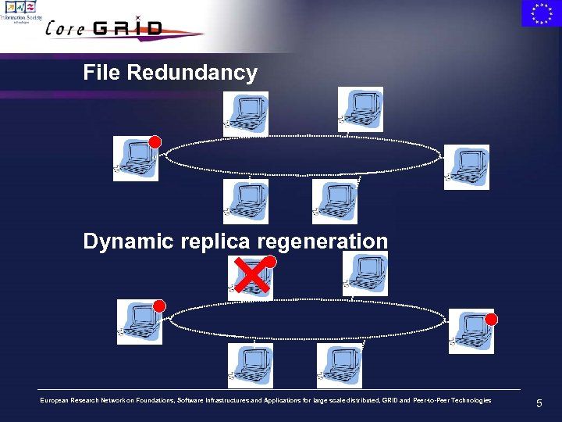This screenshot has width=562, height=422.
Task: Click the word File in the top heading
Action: click(102, 73)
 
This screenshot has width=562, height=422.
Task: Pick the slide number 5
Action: click(539, 404)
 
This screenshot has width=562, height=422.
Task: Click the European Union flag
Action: click(541, 13)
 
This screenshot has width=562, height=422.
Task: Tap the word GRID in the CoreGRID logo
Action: click(128, 29)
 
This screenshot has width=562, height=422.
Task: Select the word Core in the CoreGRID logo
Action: click(66, 29)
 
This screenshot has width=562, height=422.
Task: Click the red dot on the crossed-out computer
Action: click(270, 262)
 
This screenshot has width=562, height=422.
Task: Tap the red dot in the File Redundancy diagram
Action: click(155, 142)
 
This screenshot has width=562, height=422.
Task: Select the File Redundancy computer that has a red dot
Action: click(134, 159)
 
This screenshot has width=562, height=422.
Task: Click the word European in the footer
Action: click(59, 401)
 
